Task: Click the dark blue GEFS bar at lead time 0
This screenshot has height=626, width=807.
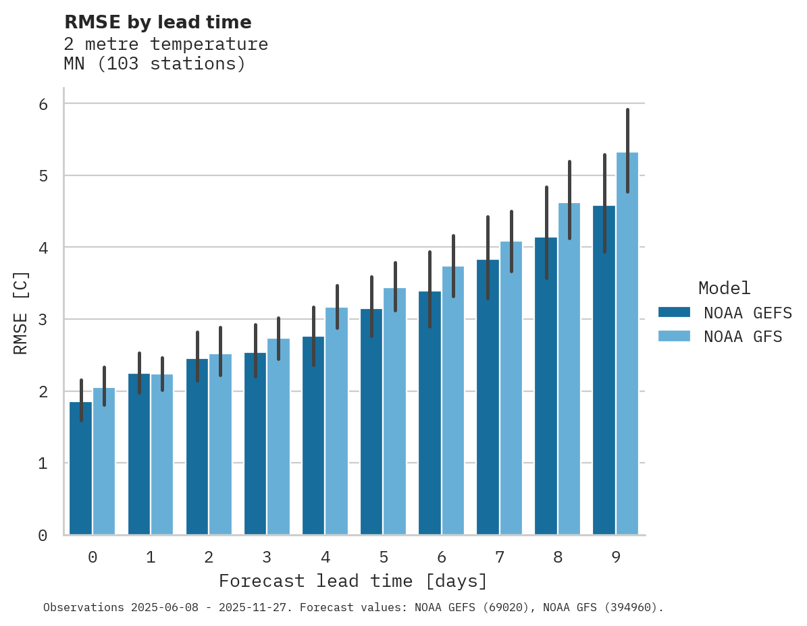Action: click(x=80, y=472)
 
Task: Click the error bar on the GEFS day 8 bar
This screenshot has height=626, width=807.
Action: click(x=546, y=233)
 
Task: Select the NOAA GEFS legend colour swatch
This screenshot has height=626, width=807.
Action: click(x=674, y=312)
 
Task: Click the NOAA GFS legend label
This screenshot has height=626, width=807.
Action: click(x=743, y=337)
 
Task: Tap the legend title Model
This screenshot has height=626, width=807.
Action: click(x=724, y=289)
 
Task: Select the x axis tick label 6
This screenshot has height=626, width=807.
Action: click(x=442, y=558)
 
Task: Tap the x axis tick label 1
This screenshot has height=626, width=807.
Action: click(x=151, y=558)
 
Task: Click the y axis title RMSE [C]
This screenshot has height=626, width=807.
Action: click(x=22, y=313)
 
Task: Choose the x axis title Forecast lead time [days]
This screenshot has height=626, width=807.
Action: click(x=353, y=581)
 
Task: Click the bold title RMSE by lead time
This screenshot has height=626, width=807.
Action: click(x=157, y=22)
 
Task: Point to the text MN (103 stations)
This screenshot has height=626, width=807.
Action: click(x=155, y=65)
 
